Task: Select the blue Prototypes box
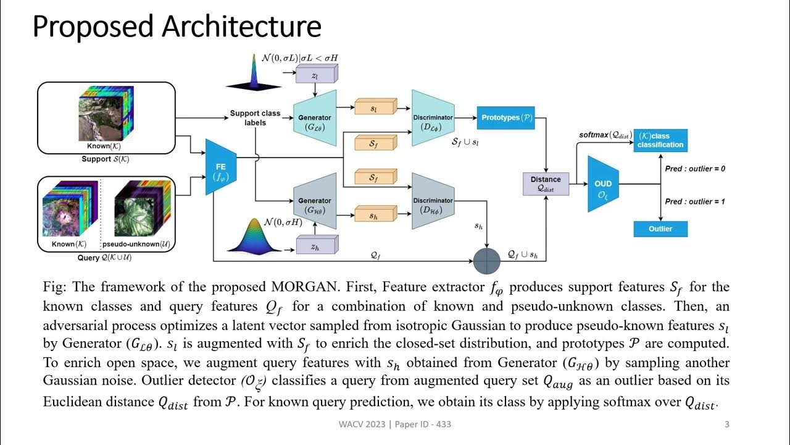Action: coord(505,117)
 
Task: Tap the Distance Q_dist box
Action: coord(546,184)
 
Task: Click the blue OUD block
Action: coord(603,184)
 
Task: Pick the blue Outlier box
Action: coord(660,229)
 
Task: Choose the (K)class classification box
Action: coord(660,140)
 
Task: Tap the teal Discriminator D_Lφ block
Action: coord(433,118)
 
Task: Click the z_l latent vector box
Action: coord(316,75)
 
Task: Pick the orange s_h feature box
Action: coord(373,216)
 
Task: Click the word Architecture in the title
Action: coord(241,27)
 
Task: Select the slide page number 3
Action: coord(726,424)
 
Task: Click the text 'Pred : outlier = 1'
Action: coord(695,201)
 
